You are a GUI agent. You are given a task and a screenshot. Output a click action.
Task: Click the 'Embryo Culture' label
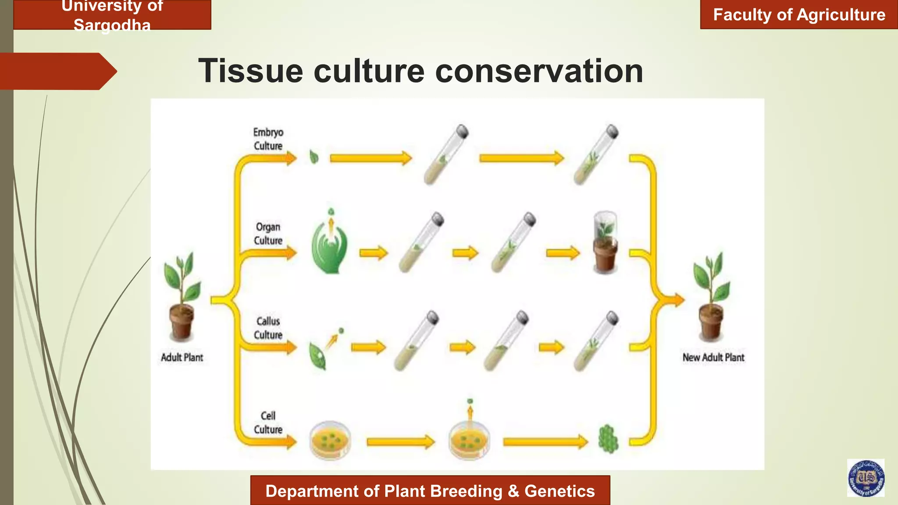pyautogui.click(x=268, y=139)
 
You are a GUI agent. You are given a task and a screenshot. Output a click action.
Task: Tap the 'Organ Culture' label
pyautogui.click(x=268, y=234)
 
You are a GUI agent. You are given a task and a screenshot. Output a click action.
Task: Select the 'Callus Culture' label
pyautogui.click(x=268, y=328)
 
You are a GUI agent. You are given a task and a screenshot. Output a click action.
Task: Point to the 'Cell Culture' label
pyautogui.click(x=268, y=423)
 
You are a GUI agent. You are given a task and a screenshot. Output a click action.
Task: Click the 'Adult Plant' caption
pyautogui.click(x=182, y=358)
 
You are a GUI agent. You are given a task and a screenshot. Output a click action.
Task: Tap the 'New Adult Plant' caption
pyautogui.click(x=713, y=358)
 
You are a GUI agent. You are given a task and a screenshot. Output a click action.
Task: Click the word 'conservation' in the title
pyautogui.click(x=539, y=71)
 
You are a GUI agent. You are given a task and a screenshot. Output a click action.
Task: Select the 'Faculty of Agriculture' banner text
pyautogui.click(x=799, y=15)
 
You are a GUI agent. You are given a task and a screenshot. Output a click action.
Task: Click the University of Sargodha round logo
pyautogui.click(x=866, y=478)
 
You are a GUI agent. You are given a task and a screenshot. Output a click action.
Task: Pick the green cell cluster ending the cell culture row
pyautogui.click(x=608, y=439)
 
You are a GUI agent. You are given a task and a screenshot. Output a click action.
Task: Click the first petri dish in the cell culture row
pyautogui.click(x=330, y=440)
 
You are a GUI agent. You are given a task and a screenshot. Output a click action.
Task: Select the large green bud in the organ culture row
pyautogui.click(x=329, y=245)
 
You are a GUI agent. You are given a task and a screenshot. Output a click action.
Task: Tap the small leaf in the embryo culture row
pyautogui.click(x=314, y=157)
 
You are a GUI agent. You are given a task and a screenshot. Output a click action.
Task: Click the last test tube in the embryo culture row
pyautogui.click(x=596, y=155)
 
